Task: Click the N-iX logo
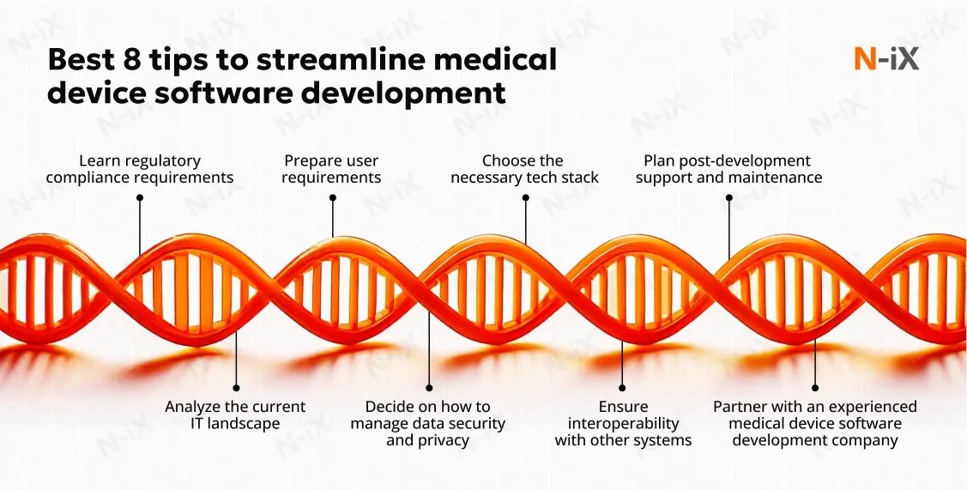coord(886,59)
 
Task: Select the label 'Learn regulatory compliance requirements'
coord(140,169)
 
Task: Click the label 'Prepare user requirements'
coord(331,169)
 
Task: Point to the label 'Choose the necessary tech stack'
coord(524,169)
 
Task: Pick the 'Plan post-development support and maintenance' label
coord(728,169)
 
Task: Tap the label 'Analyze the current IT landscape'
coord(235,414)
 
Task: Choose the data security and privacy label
coord(428,423)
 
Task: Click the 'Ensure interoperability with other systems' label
coord(623,423)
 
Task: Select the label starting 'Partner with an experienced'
coord(815,423)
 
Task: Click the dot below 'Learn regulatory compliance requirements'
coord(140,197)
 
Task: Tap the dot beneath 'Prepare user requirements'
coord(333,197)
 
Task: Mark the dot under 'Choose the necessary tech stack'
coord(525,197)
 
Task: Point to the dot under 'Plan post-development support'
coord(728,197)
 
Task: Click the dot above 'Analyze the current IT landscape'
coord(236,387)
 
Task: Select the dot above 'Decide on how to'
coord(429,387)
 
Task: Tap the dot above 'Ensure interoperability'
coord(623,387)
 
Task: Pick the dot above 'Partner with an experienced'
coord(815,387)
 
